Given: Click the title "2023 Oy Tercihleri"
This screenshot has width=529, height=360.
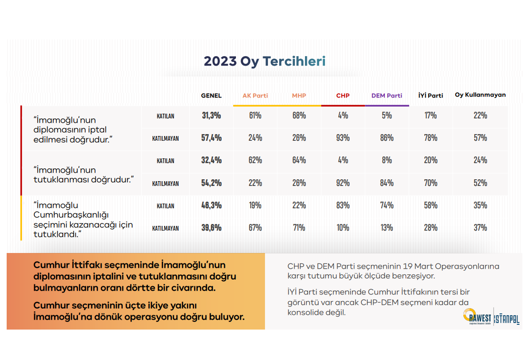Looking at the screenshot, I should [x=264, y=61].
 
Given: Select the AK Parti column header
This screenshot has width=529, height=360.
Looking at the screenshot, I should [x=255, y=96].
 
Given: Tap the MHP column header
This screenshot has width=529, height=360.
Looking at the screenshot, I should [x=299, y=96].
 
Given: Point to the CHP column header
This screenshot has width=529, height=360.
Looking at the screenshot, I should [x=343, y=96].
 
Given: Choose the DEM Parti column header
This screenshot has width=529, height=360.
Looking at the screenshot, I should [x=387, y=96].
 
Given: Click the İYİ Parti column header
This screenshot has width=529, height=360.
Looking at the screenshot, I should [x=431, y=96].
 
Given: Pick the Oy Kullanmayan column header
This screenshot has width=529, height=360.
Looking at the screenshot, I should [x=480, y=95].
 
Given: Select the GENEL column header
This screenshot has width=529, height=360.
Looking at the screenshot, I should [x=211, y=96].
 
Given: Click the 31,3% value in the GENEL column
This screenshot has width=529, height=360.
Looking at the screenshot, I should [x=211, y=116].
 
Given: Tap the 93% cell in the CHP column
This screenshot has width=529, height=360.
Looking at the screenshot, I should [x=343, y=138].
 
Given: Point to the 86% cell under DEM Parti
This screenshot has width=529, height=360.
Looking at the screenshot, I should [x=387, y=138].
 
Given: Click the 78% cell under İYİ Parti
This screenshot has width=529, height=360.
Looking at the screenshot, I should [x=431, y=138].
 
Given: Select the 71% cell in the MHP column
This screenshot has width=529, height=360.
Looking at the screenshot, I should [x=299, y=228].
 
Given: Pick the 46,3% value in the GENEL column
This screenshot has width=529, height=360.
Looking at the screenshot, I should [x=211, y=205].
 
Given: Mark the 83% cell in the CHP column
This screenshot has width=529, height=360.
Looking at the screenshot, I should [x=343, y=205].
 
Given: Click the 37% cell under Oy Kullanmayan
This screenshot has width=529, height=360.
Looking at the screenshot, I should [x=480, y=228].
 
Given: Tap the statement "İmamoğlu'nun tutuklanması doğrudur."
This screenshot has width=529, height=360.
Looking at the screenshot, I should [x=84, y=175].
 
